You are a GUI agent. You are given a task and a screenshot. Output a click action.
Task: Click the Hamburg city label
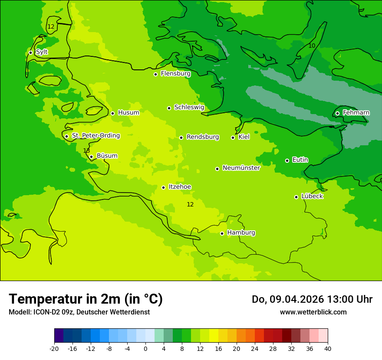241,232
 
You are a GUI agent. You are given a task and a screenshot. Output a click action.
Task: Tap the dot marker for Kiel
233,137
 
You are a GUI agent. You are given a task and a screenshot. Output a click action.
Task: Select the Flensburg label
175,74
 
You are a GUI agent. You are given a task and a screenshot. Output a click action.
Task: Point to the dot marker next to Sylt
30,52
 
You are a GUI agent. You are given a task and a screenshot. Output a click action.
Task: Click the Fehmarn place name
356,113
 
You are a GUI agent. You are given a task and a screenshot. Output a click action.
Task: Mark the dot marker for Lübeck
296,197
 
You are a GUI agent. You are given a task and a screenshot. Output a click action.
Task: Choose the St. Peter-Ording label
95,136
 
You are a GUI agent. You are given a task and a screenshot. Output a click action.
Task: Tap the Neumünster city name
241,168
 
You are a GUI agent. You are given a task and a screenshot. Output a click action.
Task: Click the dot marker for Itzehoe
163,187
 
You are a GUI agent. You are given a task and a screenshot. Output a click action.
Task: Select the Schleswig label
189,107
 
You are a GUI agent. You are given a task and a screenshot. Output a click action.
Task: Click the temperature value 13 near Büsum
86,151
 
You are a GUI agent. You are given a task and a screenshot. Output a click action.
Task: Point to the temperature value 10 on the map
312,46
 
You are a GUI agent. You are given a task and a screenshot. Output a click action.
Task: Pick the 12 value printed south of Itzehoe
190,204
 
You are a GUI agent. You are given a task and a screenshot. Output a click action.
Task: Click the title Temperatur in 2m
86,299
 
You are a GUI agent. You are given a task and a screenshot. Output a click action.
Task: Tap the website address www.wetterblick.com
313,312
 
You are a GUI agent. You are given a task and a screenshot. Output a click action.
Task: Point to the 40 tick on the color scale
327,348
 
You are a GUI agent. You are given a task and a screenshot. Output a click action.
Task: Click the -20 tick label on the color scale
54,348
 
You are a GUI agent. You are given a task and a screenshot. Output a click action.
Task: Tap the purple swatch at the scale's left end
59,336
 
